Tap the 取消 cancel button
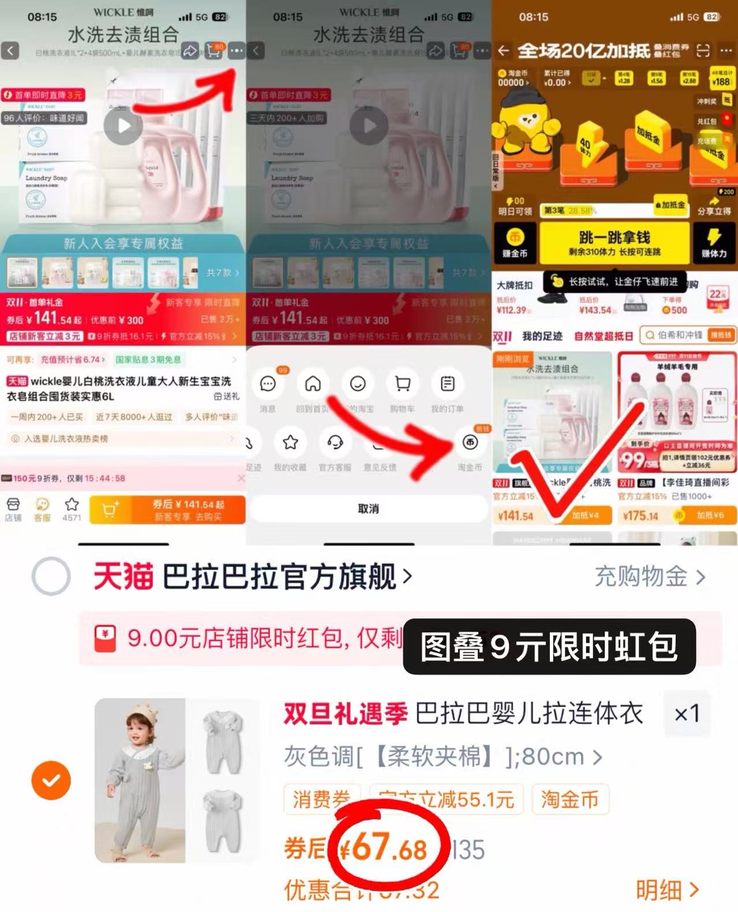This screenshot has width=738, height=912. (368, 509)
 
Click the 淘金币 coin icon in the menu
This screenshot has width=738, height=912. (470, 442)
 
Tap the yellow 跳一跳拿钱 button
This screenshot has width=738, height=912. (613, 243)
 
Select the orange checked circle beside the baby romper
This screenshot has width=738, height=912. (51, 780)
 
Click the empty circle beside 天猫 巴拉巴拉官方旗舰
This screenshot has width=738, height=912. (51, 576)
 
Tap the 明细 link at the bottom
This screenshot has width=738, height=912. (666, 890)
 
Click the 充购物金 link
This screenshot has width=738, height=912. (650, 576)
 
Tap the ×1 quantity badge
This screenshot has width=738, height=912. (686, 714)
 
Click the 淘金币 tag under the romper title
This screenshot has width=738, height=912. (570, 800)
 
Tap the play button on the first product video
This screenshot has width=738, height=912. (123, 126)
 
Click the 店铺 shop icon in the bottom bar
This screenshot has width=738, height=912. (13, 508)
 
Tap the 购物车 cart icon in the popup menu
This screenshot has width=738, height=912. (402, 384)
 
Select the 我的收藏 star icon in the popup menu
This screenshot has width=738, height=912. (290, 442)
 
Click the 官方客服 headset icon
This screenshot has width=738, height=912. (335, 442)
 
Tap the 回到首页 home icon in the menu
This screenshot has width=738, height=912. (313, 384)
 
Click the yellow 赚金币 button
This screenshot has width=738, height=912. (515, 243)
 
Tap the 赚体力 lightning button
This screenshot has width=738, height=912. (714, 243)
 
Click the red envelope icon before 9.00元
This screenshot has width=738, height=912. (105, 639)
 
